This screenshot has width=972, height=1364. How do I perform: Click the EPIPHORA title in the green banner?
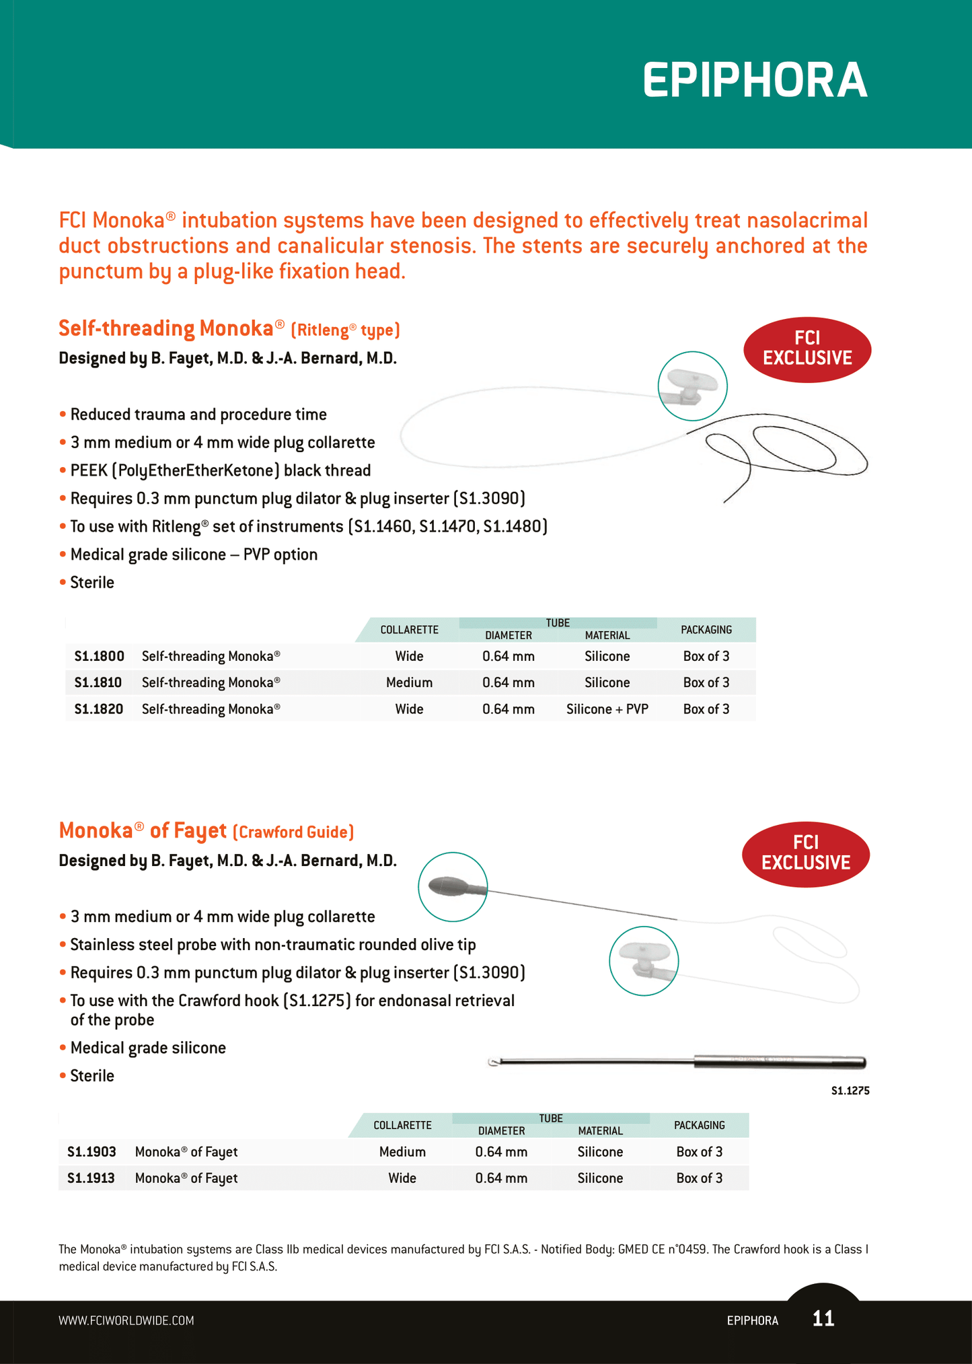point(754,81)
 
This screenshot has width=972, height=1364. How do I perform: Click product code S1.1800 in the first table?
point(99,656)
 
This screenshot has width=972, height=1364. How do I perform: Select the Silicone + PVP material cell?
point(607,709)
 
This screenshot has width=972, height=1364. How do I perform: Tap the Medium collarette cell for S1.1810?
point(409,682)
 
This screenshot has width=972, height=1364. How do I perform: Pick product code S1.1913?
point(91,1178)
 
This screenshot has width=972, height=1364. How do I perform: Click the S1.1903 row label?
point(91,1151)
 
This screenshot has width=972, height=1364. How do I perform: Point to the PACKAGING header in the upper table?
point(706,630)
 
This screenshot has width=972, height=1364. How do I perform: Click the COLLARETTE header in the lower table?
point(402,1125)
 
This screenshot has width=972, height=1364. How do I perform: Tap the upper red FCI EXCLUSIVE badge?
point(807,349)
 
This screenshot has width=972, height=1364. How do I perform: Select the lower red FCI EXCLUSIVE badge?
point(805,853)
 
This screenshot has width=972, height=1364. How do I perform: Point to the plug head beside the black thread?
point(692,386)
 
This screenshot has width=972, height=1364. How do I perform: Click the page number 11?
point(823,1318)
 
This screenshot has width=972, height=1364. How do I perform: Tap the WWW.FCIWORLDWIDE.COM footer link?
point(126,1320)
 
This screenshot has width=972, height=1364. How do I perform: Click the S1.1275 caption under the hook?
point(850,1091)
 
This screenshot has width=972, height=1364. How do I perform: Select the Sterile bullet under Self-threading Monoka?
point(92,583)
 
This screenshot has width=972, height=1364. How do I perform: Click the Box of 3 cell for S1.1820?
point(706,709)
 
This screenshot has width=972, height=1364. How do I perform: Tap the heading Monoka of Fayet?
point(143,831)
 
